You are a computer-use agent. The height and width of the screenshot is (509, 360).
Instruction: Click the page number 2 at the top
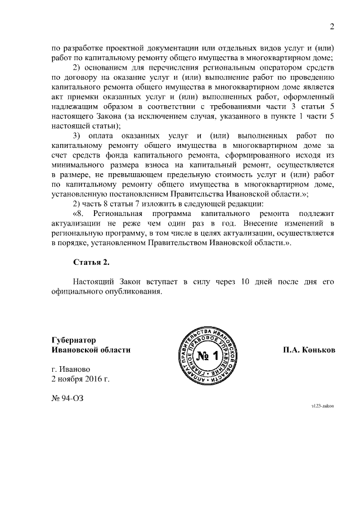click(332, 27)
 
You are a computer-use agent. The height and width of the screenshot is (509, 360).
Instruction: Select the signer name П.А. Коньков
click(309, 349)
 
